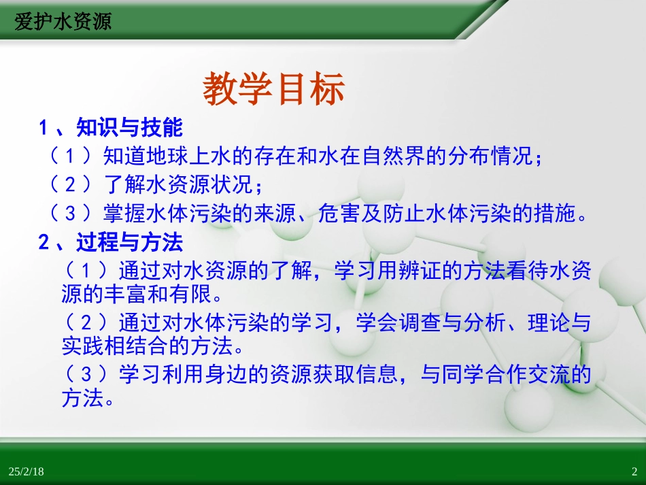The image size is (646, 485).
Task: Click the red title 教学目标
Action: [274, 90]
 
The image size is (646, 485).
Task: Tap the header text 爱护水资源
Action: [63, 22]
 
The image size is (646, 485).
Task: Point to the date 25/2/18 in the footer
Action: [27, 471]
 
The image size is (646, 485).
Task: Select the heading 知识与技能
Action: [130, 128]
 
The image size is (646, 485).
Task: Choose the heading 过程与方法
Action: [130, 243]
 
